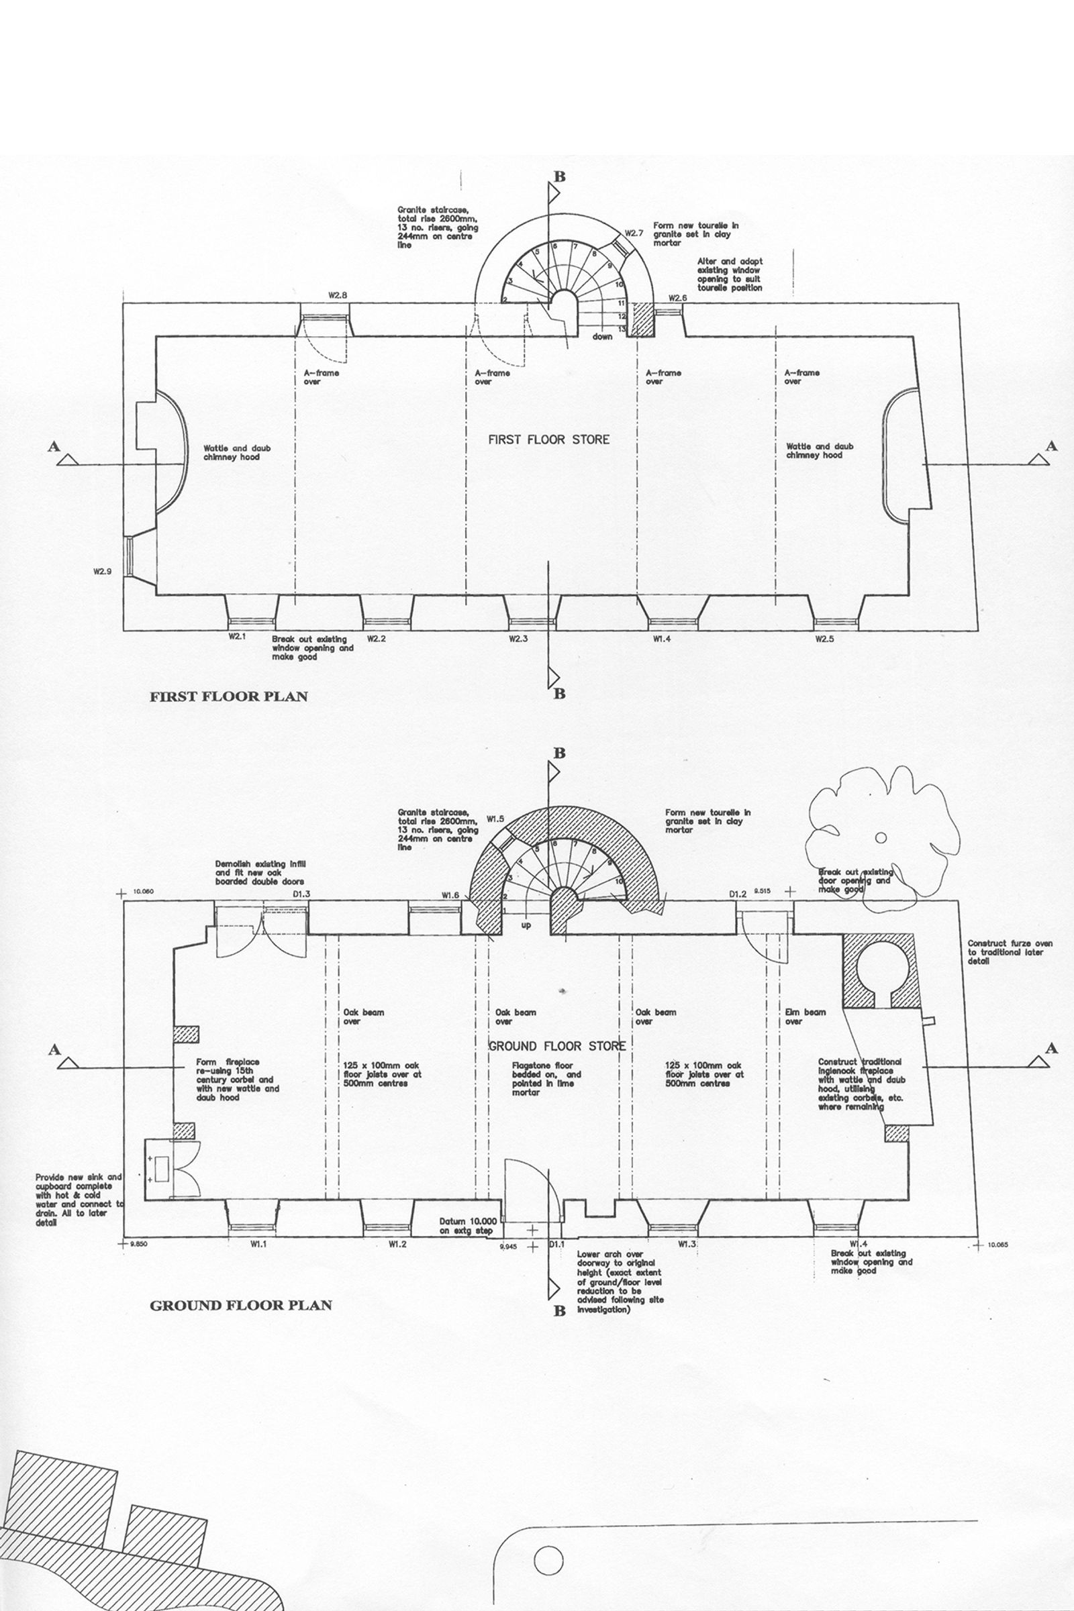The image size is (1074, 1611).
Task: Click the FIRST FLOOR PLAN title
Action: pos(229,697)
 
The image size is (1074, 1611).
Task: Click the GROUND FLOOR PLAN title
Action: pos(240,1306)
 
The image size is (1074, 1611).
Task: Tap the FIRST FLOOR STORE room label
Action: pos(548,439)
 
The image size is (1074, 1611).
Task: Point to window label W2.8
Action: pos(338,296)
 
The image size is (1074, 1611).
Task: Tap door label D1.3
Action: pos(301,894)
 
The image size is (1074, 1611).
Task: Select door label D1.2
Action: pos(737,894)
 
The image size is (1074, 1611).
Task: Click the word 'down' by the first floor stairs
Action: pos(603,337)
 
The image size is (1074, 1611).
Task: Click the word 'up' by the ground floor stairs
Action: pos(526,926)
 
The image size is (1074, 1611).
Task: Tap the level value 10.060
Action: pos(145,892)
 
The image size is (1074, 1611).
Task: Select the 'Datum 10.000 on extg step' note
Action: pos(466,1227)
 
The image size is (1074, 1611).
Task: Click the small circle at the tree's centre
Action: pos(881,837)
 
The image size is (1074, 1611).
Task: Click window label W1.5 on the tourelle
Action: pos(495,819)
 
